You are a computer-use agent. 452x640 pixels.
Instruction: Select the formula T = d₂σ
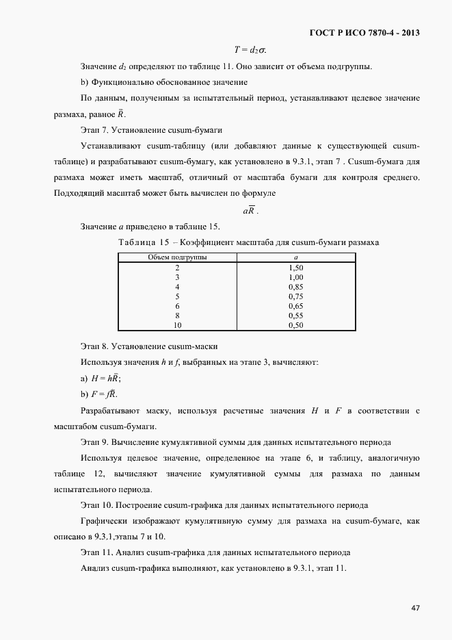click(x=250, y=49)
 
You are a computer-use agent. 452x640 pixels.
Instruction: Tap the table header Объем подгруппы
click(x=178, y=257)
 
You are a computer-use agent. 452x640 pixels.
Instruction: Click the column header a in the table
click(x=295, y=257)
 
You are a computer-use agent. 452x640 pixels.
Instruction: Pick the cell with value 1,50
click(x=295, y=268)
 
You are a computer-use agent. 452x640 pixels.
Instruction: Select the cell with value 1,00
click(x=295, y=277)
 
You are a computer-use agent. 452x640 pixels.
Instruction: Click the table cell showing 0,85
click(x=295, y=287)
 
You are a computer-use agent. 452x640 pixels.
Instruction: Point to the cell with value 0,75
click(x=295, y=296)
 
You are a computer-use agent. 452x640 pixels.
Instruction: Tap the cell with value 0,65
click(x=295, y=306)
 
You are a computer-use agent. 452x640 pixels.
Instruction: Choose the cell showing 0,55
click(x=295, y=316)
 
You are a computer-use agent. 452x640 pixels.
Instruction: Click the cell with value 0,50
click(x=295, y=325)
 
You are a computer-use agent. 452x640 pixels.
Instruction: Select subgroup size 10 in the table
click(x=177, y=325)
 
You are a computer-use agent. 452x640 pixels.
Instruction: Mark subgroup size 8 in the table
click(x=177, y=316)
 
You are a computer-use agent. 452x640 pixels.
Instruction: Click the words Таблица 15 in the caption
click(x=144, y=243)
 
